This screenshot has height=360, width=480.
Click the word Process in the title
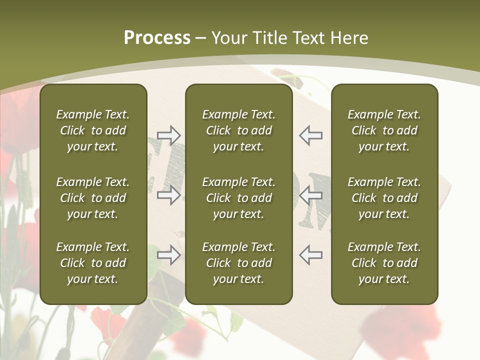pyautogui.click(x=157, y=38)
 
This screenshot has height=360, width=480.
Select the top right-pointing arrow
pyautogui.click(x=168, y=135)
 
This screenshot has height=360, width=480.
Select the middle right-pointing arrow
pyautogui.click(x=168, y=195)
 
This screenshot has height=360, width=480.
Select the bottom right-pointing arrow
pyautogui.click(x=168, y=255)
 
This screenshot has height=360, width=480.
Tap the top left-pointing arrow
pyautogui.click(x=310, y=135)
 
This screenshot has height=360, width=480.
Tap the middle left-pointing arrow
pyautogui.click(x=310, y=195)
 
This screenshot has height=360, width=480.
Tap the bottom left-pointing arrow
pyautogui.click(x=310, y=255)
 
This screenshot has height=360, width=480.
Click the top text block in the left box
pyautogui.click(x=93, y=130)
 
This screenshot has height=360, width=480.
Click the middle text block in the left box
pyautogui.click(x=93, y=198)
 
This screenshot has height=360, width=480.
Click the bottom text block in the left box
pyautogui.click(x=93, y=263)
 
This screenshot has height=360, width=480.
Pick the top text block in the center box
pyautogui.click(x=238, y=130)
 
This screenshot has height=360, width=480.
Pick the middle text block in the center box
pyautogui.click(x=238, y=198)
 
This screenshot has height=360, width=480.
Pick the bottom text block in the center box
pyautogui.click(x=238, y=263)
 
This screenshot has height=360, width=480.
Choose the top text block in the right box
pyautogui.click(x=384, y=130)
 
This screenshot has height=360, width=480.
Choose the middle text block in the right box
pyautogui.click(x=384, y=198)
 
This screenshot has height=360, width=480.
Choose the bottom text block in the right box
pyautogui.click(x=384, y=263)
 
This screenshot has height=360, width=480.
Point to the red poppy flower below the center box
pyautogui.click(x=187, y=332)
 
